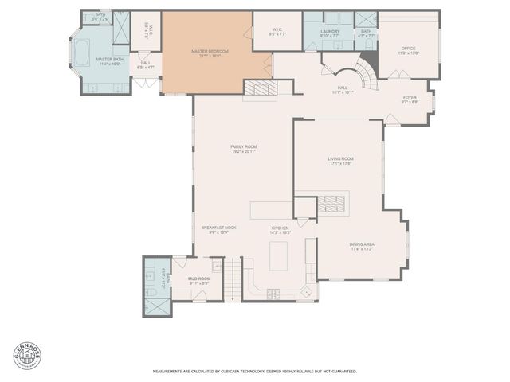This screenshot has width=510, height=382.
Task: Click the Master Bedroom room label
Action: (x=210, y=53)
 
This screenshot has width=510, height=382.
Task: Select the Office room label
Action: (x=408, y=50)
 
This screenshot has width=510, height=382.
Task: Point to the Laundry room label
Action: (x=330, y=33)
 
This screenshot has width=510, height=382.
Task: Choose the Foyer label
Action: (x=410, y=99)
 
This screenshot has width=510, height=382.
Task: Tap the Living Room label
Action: (x=340, y=161)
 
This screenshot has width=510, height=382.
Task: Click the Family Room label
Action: (x=244, y=149)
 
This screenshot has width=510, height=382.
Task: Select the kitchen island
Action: (x=279, y=256)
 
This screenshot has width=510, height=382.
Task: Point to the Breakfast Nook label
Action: (x=218, y=229)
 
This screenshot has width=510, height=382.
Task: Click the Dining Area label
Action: (x=362, y=247)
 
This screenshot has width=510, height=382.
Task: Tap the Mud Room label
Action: (x=199, y=280)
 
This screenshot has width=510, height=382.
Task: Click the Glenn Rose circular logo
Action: (x=27, y=355)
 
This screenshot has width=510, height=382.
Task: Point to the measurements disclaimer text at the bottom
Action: (x=255, y=371)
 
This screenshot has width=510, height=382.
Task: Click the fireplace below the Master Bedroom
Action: (x=260, y=88)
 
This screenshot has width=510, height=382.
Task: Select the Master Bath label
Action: (x=109, y=60)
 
